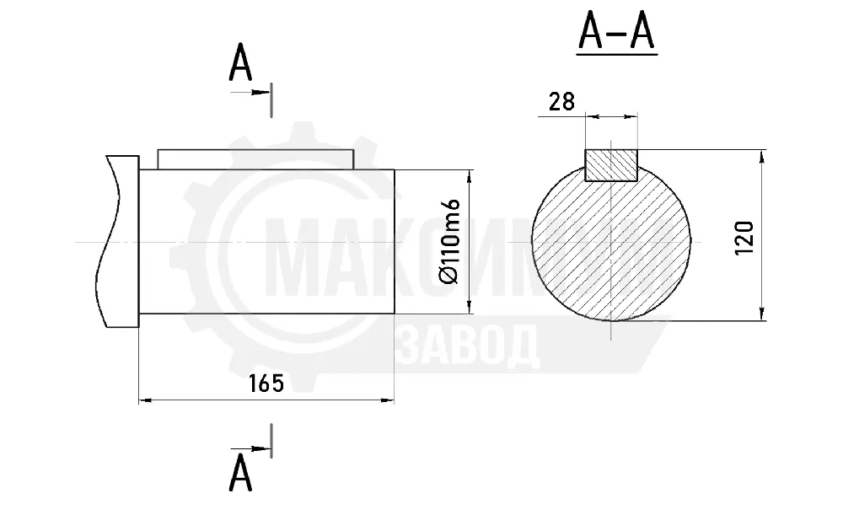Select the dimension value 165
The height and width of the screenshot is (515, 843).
(266, 384)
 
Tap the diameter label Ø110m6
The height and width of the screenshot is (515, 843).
(449, 241)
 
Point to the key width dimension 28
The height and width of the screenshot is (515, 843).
(561, 102)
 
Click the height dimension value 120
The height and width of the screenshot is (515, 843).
(744, 238)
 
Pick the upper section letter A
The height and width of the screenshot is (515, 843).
(240, 63)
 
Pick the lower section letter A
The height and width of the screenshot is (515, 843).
(240, 473)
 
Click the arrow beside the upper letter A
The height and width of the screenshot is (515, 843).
(250, 93)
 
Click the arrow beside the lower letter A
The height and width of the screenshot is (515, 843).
(250, 448)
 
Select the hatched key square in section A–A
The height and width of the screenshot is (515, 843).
(610, 165)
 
